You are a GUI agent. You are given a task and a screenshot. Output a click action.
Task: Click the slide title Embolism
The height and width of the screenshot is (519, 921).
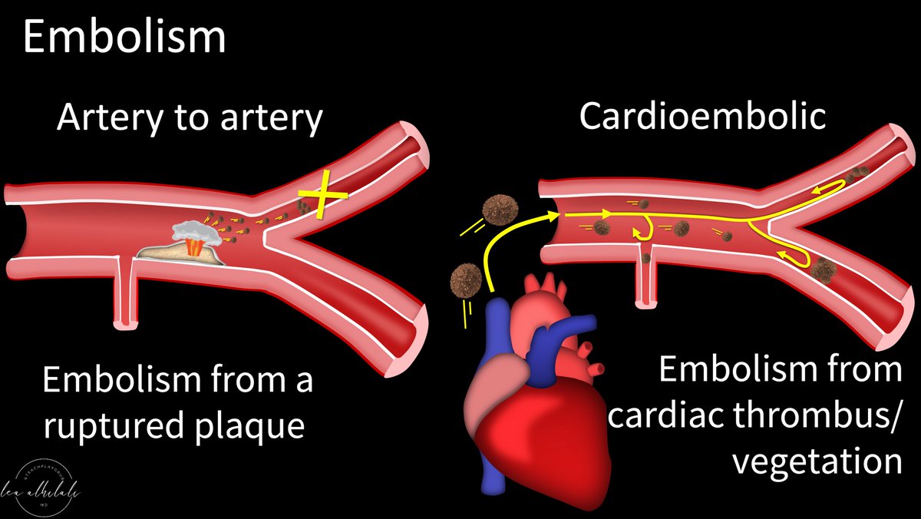[x=124, y=37]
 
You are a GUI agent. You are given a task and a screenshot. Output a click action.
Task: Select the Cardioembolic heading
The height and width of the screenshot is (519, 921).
[x=701, y=116]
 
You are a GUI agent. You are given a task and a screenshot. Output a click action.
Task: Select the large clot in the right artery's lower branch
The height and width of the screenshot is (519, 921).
[x=822, y=270]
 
